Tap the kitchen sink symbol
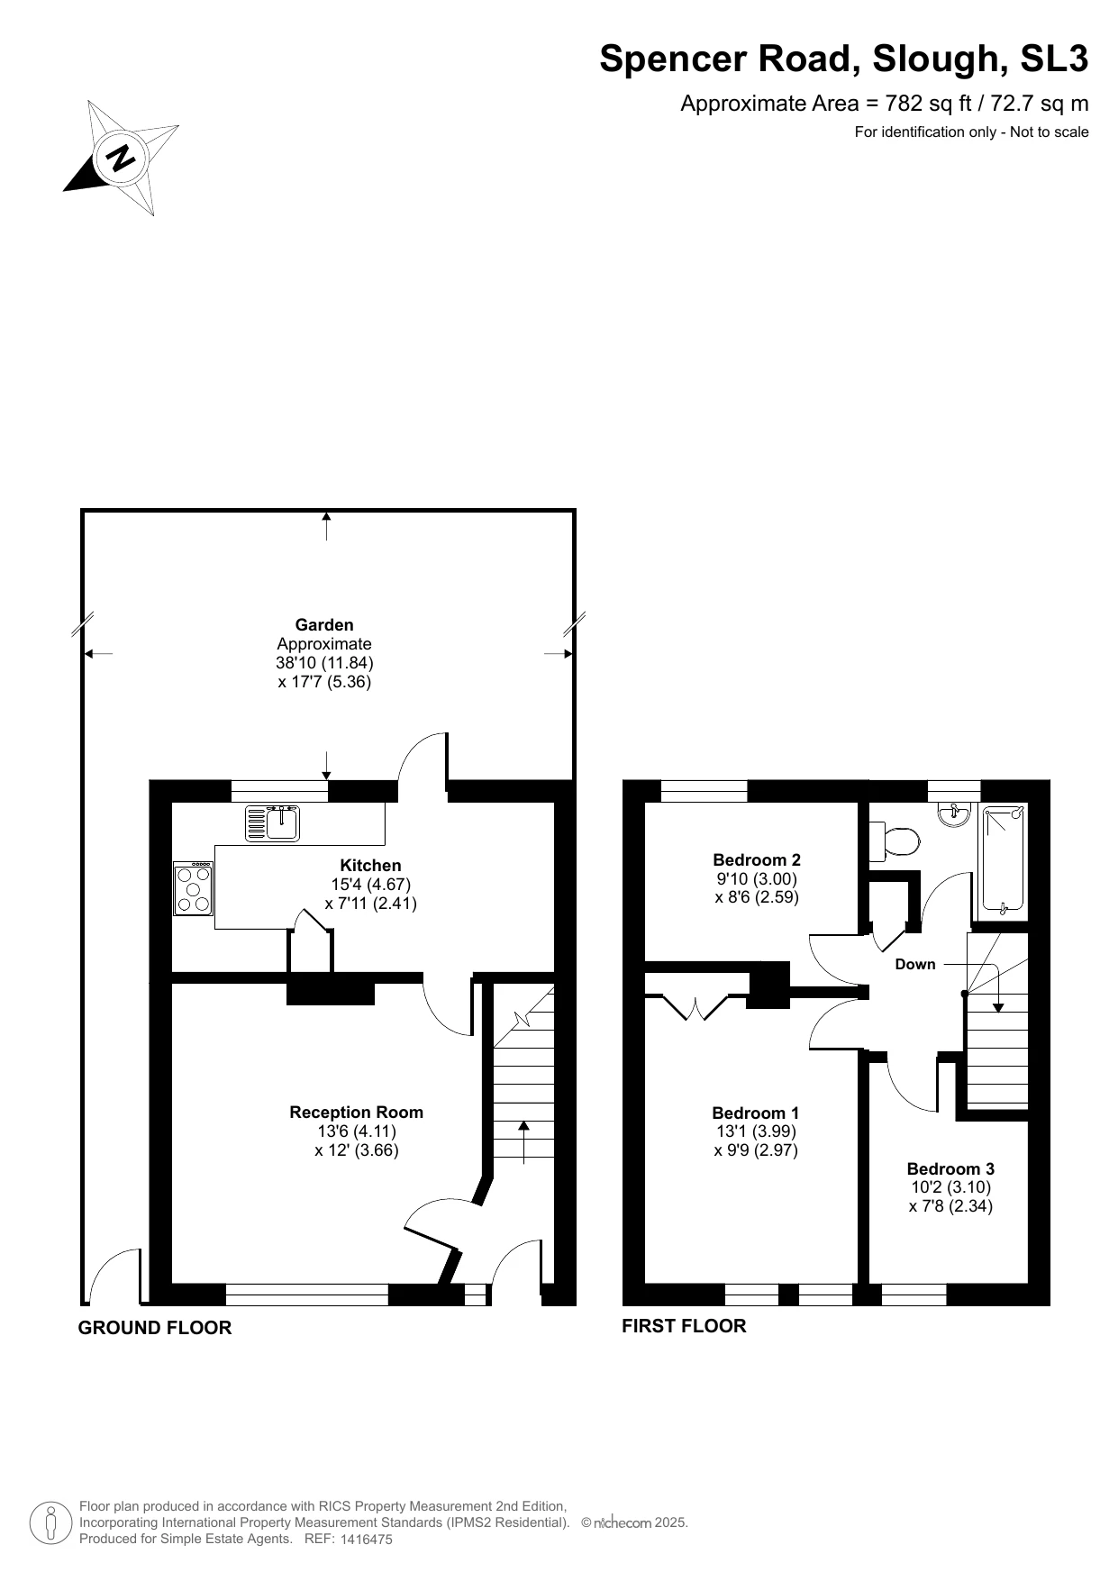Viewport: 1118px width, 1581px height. (x=273, y=822)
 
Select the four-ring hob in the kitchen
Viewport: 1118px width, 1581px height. (x=193, y=889)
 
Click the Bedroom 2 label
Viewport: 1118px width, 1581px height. (x=757, y=860)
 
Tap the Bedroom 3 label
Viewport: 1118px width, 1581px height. (x=950, y=1168)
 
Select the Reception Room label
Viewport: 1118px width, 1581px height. (x=356, y=1113)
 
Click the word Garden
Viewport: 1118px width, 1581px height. (x=324, y=625)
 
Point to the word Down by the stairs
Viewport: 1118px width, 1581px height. (x=915, y=965)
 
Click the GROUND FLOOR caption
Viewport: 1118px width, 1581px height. (x=155, y=1328)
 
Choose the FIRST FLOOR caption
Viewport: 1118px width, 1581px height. (x=684, y=1326)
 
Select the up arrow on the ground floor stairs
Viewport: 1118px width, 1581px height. (x=523, y=1140)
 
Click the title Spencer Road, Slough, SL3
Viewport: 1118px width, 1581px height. (x=843, y=59)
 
